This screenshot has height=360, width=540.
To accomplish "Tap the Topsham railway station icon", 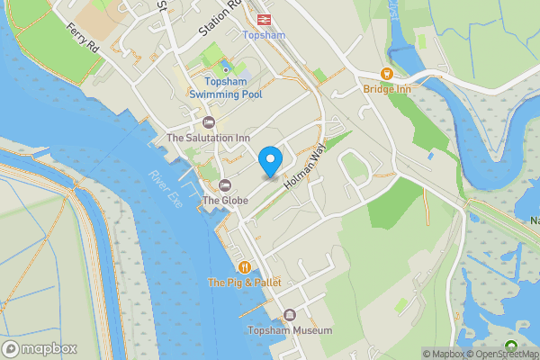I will coord(264,18).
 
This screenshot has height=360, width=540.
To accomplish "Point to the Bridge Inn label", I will coord(386,89).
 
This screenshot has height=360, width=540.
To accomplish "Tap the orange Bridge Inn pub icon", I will coord(386,74).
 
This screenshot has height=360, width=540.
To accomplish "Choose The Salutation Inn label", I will coord(209,138).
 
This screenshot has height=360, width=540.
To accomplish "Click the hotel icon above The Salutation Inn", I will coord(209,122).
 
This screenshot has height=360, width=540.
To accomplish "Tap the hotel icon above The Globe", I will coord(224,184).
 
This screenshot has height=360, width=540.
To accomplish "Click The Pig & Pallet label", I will coord(244,283).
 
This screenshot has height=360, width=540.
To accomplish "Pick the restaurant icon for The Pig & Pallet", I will coord(244,266).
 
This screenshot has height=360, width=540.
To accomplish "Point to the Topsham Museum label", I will coord(290,330).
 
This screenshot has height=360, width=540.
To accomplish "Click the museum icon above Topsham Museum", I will coord(290,314).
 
